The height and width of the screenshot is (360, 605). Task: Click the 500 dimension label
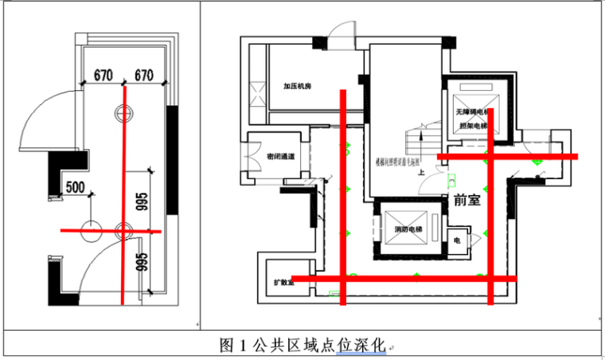point(76,188)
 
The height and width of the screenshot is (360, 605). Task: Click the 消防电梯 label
point(408,231)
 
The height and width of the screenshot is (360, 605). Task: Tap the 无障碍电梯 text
point(471,113)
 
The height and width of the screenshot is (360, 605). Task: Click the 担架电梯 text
point(471,125)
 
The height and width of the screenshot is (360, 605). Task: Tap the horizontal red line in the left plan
point(111,231)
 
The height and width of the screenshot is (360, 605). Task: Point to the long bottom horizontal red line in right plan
point(422,278)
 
